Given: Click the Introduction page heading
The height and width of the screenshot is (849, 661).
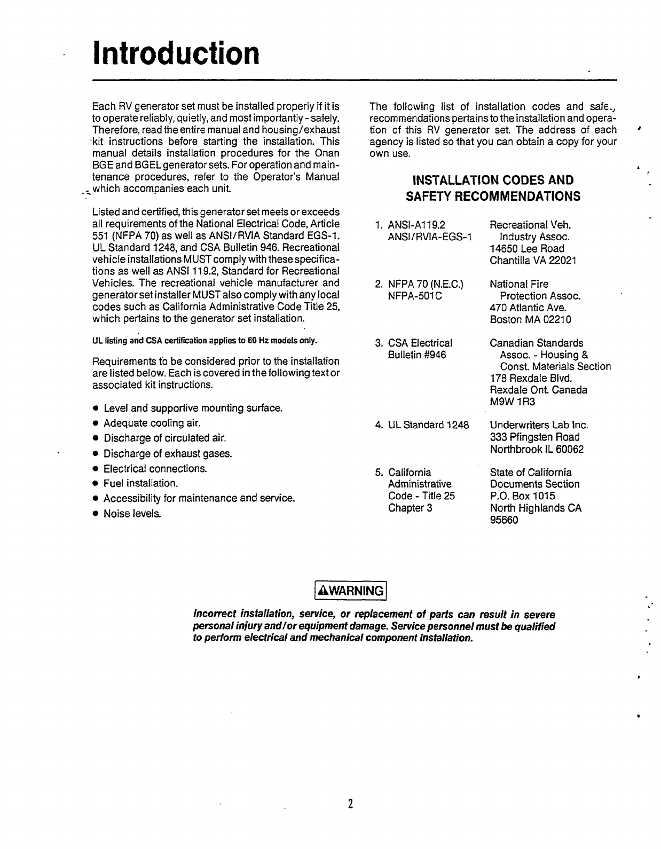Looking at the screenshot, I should coord(176,53).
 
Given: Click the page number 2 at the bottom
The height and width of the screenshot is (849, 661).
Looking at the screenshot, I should coord(350,804).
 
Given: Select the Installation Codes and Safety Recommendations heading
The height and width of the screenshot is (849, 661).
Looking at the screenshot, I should coord(493,188).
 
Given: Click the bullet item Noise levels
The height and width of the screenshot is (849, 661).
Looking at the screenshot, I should coord(132,514).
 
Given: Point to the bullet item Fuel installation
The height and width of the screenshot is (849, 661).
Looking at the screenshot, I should coord(140,484).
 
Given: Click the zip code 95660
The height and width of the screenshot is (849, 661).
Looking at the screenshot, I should coord(504,520).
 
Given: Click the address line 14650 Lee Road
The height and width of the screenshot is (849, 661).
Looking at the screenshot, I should coord(526,248).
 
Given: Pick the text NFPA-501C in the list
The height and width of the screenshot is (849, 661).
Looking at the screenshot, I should coord(415,296).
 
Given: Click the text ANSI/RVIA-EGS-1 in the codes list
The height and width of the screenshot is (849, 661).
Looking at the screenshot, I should coord(430,237).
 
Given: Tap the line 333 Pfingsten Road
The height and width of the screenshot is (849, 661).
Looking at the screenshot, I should coord(534,437).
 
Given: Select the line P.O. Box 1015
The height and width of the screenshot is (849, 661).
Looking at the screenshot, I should coord(522,496).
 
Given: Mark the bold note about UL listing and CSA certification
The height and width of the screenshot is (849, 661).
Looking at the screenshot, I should coord(205,341).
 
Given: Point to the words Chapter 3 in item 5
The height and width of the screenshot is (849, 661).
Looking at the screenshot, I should coord(410,508).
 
